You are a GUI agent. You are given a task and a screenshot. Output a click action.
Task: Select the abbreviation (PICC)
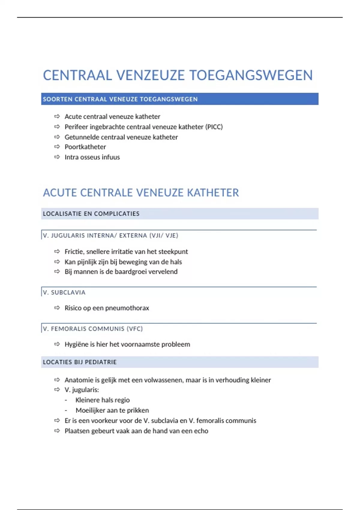click(214, 127)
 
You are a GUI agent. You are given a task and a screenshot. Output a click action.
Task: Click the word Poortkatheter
click(85, 147)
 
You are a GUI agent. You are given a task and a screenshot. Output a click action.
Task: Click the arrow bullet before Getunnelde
click(57, 137)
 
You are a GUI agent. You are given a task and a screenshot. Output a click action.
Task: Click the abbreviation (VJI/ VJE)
click(163, 235)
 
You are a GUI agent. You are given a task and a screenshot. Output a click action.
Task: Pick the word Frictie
click(74, 252)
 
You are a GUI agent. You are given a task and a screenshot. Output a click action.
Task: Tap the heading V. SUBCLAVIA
click(64, 292)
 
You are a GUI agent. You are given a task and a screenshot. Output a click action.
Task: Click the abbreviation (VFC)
click(135, 329)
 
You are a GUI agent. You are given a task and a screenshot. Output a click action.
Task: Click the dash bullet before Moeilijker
click(66, 410)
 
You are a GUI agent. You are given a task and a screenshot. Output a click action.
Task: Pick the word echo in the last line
click(201, 431)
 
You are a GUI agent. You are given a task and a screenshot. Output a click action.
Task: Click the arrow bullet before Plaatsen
click(57, 431)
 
